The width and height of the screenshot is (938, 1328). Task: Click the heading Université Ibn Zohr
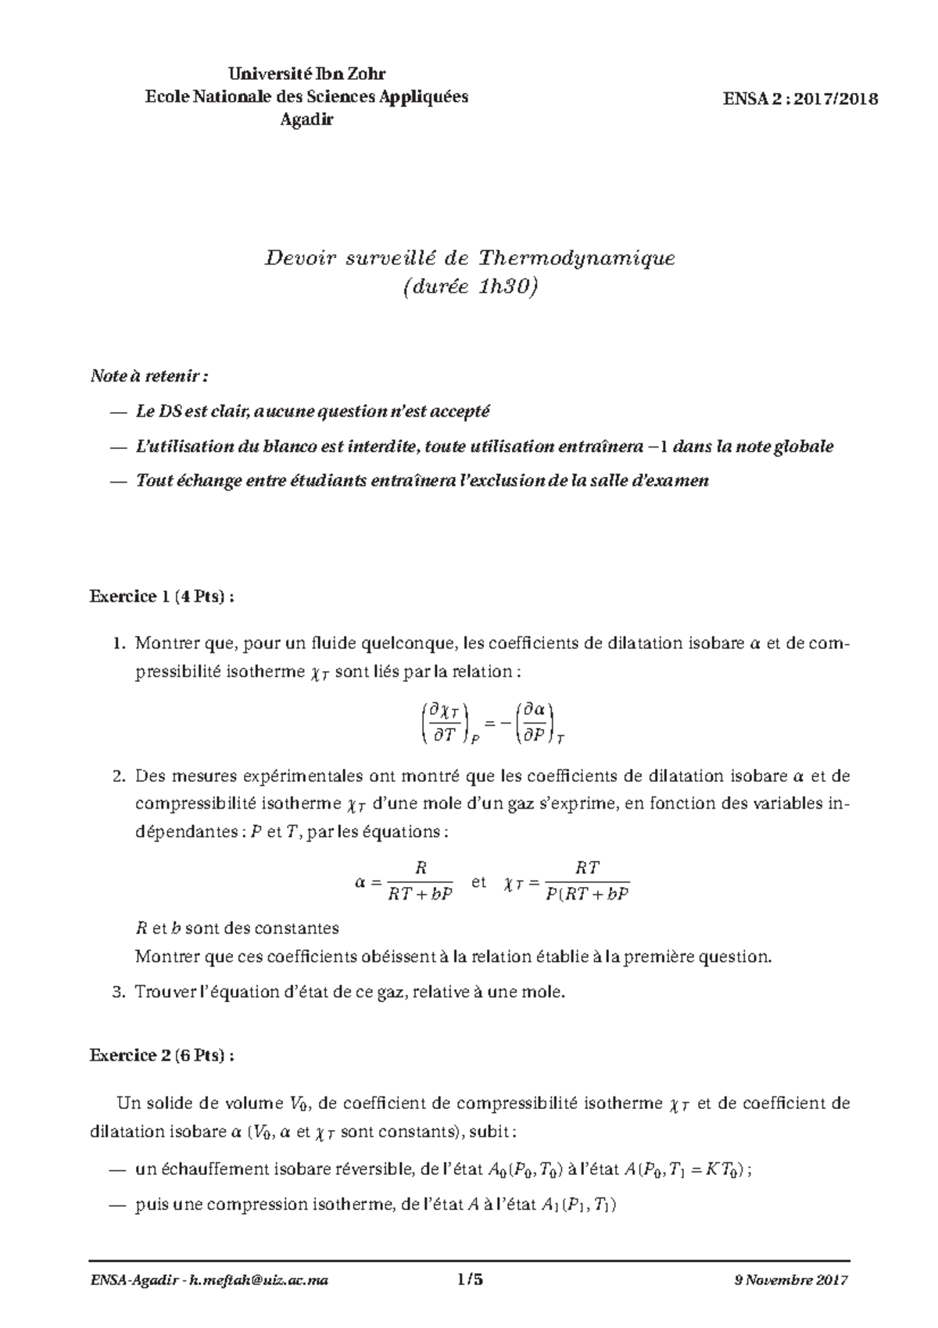click(307, 74)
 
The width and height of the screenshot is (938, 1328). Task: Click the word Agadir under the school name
click(306, 120)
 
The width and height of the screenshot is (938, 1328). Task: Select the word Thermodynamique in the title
click(576, 257)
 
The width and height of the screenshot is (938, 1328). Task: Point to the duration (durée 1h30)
click(470, 289)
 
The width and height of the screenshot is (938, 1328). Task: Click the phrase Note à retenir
click(149, 377)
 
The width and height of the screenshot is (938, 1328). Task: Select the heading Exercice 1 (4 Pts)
click(162, 597)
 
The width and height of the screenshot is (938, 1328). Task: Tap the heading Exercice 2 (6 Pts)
click(162, 1055)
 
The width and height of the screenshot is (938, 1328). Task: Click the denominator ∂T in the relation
click(443, 735)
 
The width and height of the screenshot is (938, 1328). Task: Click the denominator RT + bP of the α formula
click(421, 895)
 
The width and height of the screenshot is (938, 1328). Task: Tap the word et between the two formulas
click(479, 881)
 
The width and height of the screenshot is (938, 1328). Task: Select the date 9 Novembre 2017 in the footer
click(791, 1280)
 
